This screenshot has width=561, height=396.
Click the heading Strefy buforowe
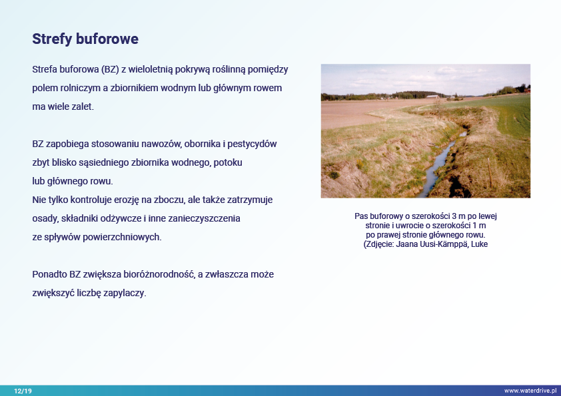(x=85, y=39)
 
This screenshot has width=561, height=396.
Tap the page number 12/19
(x=23, y=391)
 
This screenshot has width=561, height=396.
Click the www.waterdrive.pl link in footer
(x=530, y=391)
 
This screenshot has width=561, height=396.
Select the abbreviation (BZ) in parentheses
(x=110, y=69)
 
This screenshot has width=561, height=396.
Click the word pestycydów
(x=252, y=144)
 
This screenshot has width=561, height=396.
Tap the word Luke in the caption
(x=479, y=244)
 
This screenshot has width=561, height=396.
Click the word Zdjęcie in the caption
(x=378, y=244)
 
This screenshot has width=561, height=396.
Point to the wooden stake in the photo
(x=490, y=172)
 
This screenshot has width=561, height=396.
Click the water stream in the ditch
(x=438, y=162)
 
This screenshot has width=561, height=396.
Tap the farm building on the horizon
(x=432, y=97)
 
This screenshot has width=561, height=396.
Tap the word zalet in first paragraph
(x=83, y=107)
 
